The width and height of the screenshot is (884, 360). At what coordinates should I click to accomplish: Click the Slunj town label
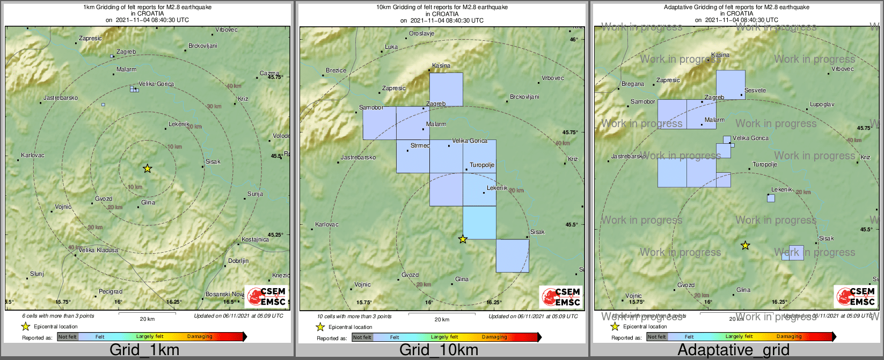click(x=37, y=274)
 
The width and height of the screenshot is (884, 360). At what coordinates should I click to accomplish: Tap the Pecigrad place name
click(x=111, y=292)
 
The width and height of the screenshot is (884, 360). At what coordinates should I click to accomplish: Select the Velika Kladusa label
click(x=98, y=251)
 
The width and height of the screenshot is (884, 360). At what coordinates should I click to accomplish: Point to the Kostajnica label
click(x=255, y=239)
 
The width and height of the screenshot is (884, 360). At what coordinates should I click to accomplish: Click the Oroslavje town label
click(x=421, y=33)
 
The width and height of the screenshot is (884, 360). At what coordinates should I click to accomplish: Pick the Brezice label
click(x=336, y=70)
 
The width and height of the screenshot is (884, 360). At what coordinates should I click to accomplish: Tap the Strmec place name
click(x=420, y=145)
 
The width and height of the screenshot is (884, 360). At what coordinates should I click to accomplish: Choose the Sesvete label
click(x=755, y=90)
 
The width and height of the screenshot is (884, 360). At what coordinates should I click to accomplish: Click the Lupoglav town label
click(x=822, y=105)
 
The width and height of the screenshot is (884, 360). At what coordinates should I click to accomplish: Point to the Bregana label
click(x=633, y=84)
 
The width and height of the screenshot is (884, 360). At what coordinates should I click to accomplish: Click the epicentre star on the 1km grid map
click(x=148, y=169)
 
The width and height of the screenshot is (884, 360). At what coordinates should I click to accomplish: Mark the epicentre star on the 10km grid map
click(x=463, y=239)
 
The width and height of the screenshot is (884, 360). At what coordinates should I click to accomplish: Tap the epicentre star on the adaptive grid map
click(x=745, y=246)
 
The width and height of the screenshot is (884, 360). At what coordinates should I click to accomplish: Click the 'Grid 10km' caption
click(x=439, y=350)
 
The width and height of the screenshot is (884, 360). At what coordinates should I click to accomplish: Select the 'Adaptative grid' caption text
click(x=733, y=350)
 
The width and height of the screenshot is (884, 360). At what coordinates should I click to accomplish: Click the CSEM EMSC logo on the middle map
click(x=560, y=297)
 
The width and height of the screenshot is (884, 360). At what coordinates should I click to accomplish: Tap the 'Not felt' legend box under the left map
click(x=68, y=337)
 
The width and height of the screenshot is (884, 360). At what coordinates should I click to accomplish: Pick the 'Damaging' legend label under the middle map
click(x=494, y=337)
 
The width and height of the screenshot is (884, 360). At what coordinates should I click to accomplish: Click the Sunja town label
click(x=255, y=194)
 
